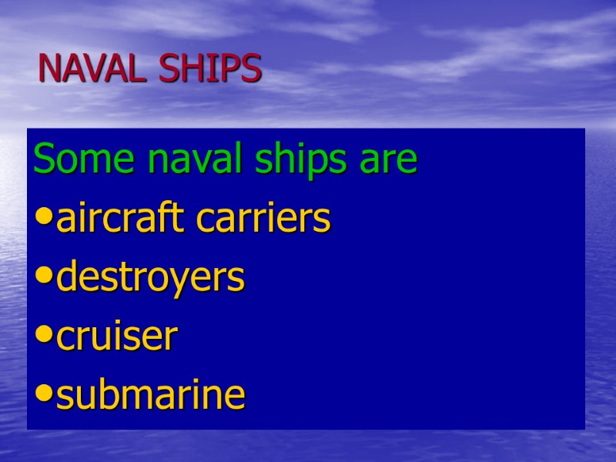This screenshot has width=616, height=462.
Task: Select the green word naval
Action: coord(164,160)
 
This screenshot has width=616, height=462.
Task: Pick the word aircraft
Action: coord(122,219)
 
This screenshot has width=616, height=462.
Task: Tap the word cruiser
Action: coord(117,337)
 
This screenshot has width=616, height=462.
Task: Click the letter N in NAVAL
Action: coord(50,69)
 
